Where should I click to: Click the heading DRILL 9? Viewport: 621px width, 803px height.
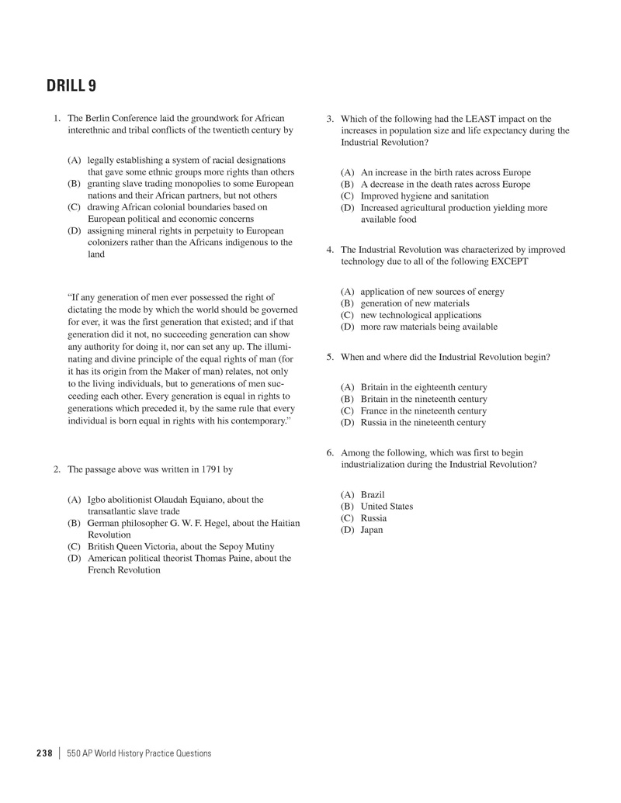[x=71, y=85]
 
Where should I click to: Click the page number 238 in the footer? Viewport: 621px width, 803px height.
[x=44, y=753]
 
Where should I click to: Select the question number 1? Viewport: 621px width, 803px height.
[x=57, y=119]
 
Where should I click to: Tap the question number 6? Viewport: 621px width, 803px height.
[x=330, y=452]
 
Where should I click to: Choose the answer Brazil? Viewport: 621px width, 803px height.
[x=373, y=494]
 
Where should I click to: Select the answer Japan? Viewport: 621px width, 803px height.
[x=372, y=530]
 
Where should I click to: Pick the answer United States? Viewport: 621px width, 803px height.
[x=387, y=507]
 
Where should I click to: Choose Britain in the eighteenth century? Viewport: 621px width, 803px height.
[x=424, y=387]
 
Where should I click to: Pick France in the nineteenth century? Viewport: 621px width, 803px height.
[x=424, y=410]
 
